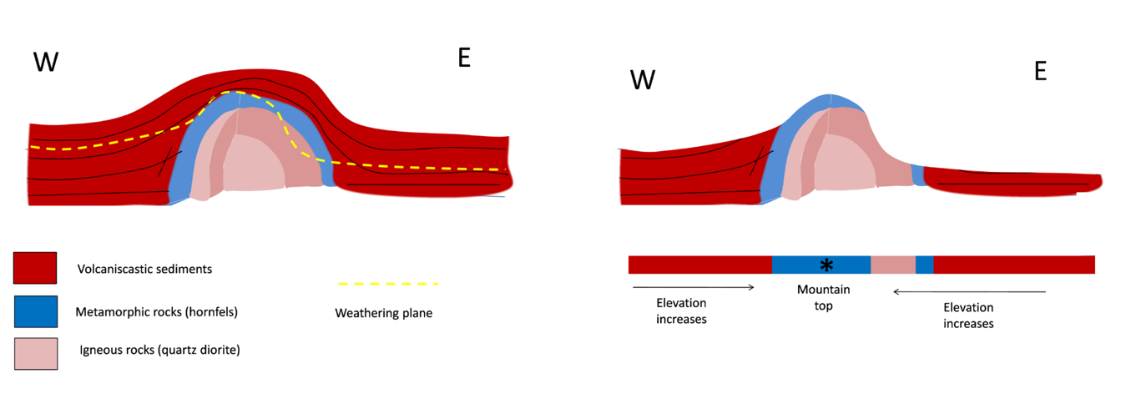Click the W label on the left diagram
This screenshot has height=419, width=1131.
point(45,61)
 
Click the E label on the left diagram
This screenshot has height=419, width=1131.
point(464,58)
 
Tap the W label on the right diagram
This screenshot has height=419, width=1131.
point(643,80)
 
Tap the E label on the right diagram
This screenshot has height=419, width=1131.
point(1040,72)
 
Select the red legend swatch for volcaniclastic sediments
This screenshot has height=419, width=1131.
point(35,268)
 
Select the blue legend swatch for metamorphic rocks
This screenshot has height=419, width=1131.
point(35,311)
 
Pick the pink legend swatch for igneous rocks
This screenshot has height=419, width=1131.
point(35,353)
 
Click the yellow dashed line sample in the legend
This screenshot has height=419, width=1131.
point(387,284)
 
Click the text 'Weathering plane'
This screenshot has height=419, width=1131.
point(383,313)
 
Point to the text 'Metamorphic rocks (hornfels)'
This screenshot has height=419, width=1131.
point(156,312)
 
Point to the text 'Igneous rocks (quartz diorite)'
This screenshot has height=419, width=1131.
point(159,350)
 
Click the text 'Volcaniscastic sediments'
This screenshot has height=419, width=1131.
point(144,269)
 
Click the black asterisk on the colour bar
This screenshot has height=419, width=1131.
point(826,265)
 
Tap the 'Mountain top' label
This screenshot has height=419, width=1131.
point(823,297)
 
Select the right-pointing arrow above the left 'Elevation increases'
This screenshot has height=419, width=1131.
point(694,287)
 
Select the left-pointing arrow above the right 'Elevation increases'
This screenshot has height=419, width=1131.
point(969,291)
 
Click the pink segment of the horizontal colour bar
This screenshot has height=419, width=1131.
point(892,265)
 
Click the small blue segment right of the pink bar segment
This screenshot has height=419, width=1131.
point(924,265)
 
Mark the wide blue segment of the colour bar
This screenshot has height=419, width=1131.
point(801,265)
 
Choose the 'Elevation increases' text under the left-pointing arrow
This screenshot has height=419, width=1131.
point(968,315)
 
